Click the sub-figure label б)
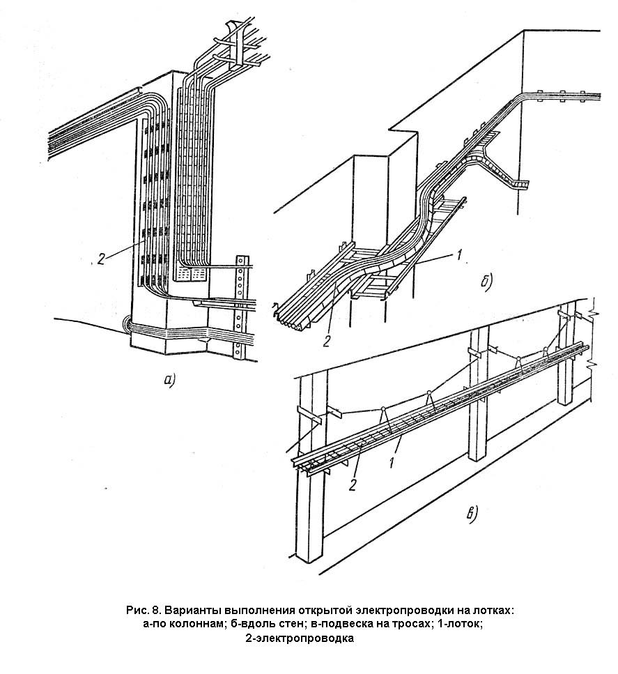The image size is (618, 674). [x=486, y=282]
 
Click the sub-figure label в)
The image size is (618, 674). [x=472, y=514]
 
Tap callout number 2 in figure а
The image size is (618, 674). [x=101, y=259]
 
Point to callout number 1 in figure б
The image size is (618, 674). [x=458, y=255]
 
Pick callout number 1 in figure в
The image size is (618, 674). [x=392, y=463]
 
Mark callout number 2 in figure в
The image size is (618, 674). [x=353, y=485]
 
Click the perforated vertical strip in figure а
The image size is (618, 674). [x=240, y=307]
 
